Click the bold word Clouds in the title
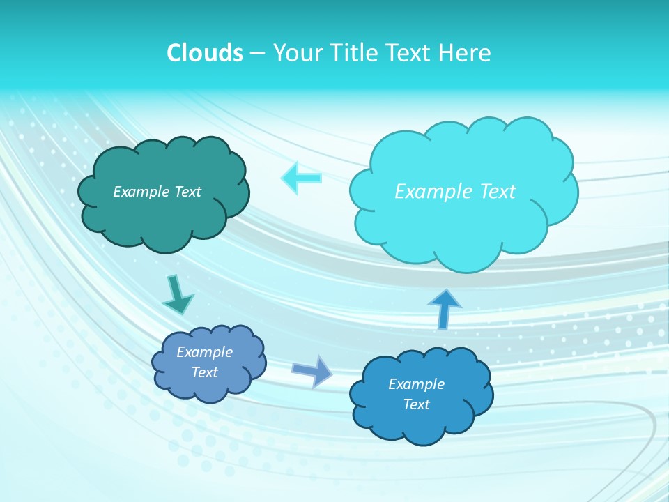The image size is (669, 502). pyautogui.click(x=204, y=53)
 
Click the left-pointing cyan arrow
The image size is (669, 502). pyautogui.click(x=301, y=178)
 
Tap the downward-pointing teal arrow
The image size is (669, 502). pyautogui.click(x=177, y=295)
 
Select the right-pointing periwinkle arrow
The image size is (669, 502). pyautogui.click(x=312, y=370)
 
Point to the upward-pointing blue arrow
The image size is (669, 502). pyautogui.click(x=444, y=310)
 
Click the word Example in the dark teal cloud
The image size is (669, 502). pyautogui.click(x=142, y=192)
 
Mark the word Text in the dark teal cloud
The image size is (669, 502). pyautogui.click(x=187, y=192)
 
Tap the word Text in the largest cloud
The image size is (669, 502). pyautogui.click(x=497, y=192)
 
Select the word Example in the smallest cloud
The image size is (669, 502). pyautogui.click(x=204, y=352)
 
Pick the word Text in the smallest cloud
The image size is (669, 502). pyautogui.click(x=205, y=372)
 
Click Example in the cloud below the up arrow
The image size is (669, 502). pyautogui.click(x=416, y=384)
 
